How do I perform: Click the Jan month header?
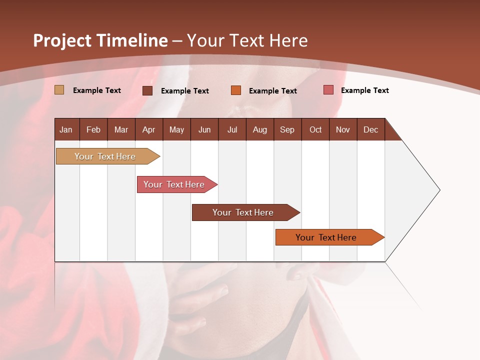(66, 129)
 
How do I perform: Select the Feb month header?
(93, 129)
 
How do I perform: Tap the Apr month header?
(148, 129)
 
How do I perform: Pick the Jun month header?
(204, 129)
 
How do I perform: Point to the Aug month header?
(259, 129)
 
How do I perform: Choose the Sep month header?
(287, 129)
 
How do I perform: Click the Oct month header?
(315, 129)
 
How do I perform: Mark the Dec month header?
(370, 129)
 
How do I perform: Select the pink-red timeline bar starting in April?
(175, 184)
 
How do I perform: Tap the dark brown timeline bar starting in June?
(244, 212)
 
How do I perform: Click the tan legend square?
(59, 90)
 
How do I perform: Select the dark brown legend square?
(147, 90)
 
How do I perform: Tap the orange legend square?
(236, 90)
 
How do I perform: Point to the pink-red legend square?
(328, 90)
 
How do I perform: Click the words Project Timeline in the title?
(100, 40)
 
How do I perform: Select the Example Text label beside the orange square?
(272, 91)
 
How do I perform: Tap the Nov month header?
(343, 129)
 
